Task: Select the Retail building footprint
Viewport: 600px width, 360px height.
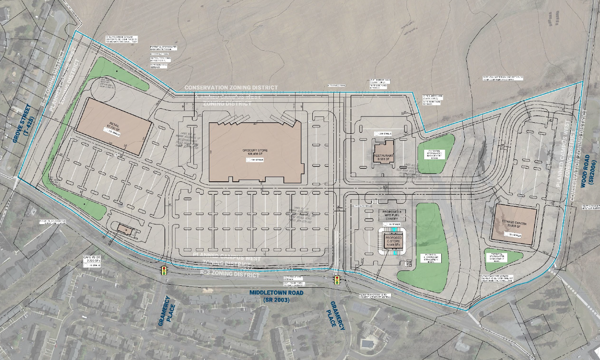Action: tap(114, 126)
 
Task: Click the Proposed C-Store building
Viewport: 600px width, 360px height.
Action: tap(393, 240)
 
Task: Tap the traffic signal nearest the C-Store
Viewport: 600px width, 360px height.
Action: tap(337, 280)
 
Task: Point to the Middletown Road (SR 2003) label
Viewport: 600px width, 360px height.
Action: tap(273, 296)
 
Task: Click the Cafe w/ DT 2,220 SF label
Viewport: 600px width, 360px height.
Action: tap(92, 258)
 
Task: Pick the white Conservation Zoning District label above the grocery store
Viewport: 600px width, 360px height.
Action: tap(231, 88)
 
